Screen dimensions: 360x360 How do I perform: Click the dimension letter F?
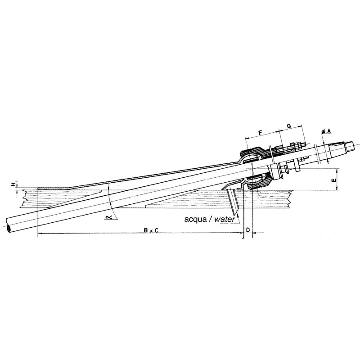(260, 132)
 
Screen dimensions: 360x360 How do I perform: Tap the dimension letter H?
(13, 184)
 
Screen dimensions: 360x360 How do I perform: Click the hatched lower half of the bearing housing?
(261, 182)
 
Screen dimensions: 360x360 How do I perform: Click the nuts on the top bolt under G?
(298, 145)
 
